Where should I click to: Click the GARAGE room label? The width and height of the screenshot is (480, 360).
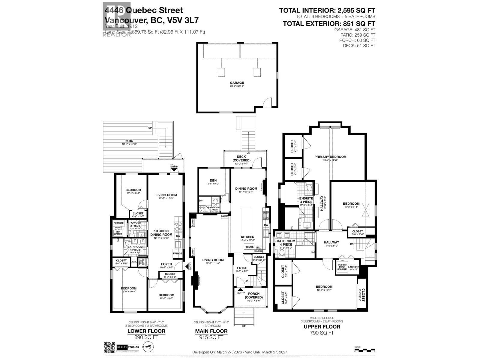pyautogui.click(x=237, y=83)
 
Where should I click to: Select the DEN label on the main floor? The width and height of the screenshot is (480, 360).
pyautogui.click(x=213, y=181)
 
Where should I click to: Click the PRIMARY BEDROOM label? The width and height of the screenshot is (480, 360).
pyautogui.click(x=330, y=157)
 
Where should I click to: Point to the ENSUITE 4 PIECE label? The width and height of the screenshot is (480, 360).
pyautogui.click(x=306, y=200)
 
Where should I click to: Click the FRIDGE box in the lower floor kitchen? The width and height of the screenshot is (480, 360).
pyautogui.click(x=178, y=253)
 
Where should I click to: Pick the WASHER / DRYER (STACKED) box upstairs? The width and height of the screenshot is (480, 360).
pyautogui.click(x=342, y=267)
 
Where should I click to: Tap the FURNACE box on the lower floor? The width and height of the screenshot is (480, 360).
pyautogui.click(x=118, y=223)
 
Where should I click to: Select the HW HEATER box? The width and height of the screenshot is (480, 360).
pyautogui.click(x=118, y=233)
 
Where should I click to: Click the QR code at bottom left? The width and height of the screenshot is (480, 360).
pyautogui.click(x=109, y=348)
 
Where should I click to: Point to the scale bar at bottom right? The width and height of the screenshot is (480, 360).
pyautogui.click(x=364, y=349)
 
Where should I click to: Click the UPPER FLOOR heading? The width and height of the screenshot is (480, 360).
pyautogui.click(x=322, y=327)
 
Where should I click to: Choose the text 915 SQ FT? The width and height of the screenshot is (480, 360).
pyautogui.click(x=211, y=337)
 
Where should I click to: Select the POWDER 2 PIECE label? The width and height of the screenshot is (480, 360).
pyautogui.click(x=135, y=225)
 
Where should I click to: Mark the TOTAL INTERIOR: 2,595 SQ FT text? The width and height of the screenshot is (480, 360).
pyautogui.click(x=327, y=10)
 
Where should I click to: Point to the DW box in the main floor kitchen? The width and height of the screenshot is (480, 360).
pyautogui.click(x=266, y=225)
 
